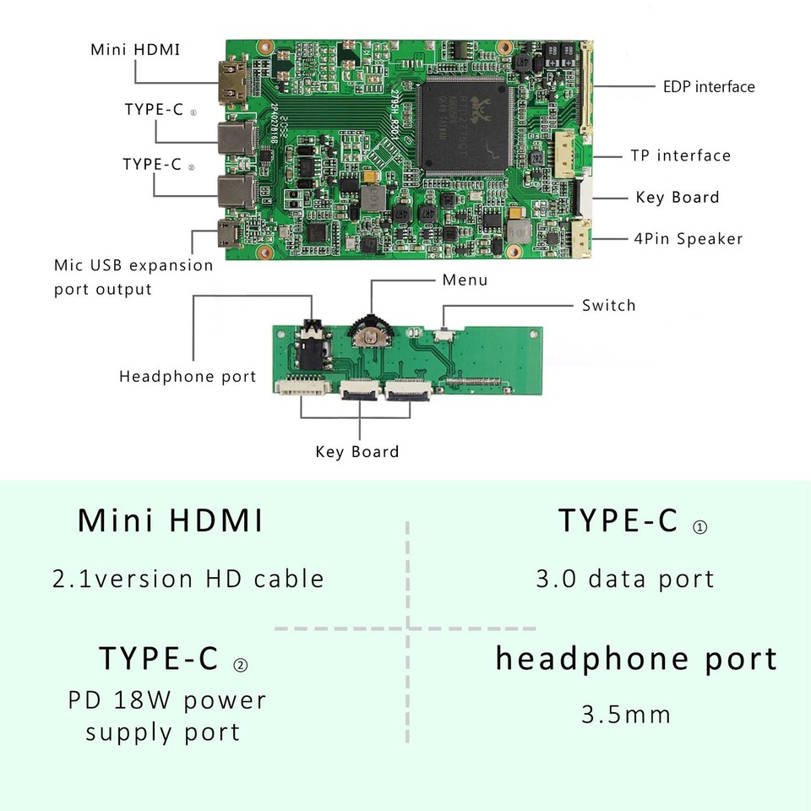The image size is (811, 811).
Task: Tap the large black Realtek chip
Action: (x=465, y=125)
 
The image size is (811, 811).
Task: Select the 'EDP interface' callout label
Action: (x=708, y=86)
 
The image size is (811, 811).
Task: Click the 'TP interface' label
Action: (x=680, y=155)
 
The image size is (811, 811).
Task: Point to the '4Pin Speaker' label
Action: (x=689, y=238)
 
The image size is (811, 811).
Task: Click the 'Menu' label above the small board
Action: (x=465, y=280)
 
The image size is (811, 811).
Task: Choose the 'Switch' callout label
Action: (x=608, y=305)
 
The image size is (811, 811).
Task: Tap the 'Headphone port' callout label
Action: (x=188, y=376)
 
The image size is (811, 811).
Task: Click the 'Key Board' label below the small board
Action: (x=357, y=451)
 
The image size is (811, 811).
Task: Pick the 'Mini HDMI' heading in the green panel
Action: (x=171, y=520)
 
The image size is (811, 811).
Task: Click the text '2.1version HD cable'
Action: (x=188, y=579)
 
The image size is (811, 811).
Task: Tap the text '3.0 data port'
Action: (x=625, y=579)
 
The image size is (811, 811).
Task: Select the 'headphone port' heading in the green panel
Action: (x=636, y=659)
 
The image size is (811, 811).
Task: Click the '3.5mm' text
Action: (x=626, y=715)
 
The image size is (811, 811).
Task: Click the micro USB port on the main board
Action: (x=226, y=233)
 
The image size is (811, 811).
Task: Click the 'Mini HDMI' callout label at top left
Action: (x=135, y=49)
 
